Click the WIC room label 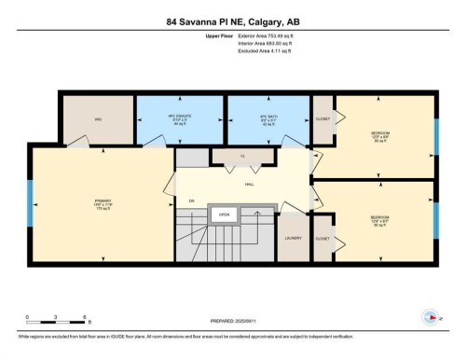coord(97,118)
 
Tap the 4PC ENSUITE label coord(181,119)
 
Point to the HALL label coord(250,185)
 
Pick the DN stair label coord(192,200)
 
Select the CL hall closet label coord(242,156)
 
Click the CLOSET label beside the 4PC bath coord(322,120)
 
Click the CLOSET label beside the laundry coord(322,238)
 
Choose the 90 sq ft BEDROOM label coord(380,222)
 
